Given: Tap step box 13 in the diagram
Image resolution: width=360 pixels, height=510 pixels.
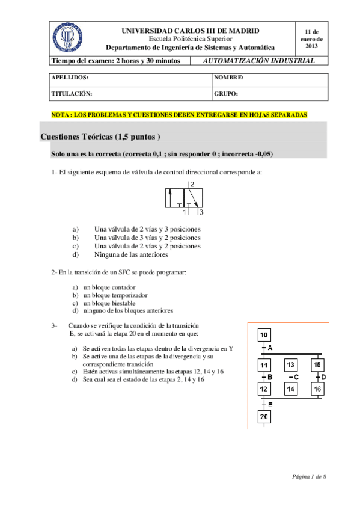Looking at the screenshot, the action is click(x=290, y=364).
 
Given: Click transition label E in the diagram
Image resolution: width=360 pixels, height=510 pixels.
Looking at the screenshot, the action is click(x=270, y=404).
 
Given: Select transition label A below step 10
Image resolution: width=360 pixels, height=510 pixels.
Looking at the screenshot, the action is click(x=270, y=348).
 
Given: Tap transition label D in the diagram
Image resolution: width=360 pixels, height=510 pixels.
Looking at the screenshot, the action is click(x=323, y=377).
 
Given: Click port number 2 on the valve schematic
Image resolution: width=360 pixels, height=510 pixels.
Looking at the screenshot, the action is click(x=192, y=185).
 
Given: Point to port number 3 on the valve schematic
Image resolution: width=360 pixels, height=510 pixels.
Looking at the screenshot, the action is click(x=200, y=212).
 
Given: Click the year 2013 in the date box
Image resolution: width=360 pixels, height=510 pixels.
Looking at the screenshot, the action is click(x=311, y=46).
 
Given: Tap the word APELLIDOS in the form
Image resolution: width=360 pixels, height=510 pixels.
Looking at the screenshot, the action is click(x=70, y=78).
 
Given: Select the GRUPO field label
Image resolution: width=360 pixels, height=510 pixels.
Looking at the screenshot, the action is click(x=226, y=94).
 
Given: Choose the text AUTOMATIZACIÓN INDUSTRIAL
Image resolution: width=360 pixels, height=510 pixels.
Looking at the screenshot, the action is click(x=259, y=61).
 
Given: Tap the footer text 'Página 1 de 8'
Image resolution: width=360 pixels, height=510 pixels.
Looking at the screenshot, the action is click(x=310, y=476).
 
